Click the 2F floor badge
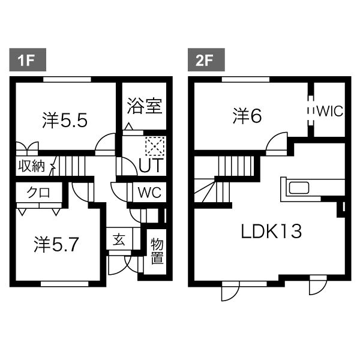click(204, 60)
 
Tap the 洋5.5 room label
click(65, 120)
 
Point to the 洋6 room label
click(247, 116)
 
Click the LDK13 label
click(271, 230)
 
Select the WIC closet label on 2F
click(330, 111)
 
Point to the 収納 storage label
click(31, 166)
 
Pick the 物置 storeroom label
click(157, 251)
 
